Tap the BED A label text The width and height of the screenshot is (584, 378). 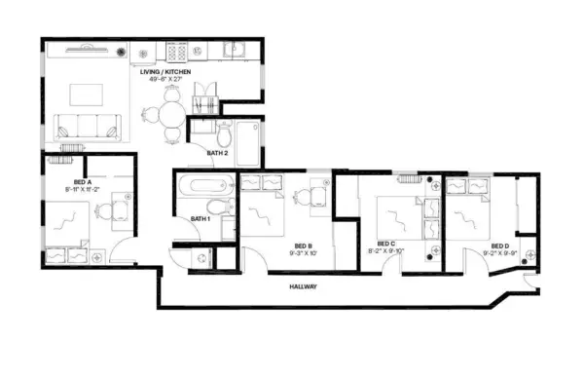55,182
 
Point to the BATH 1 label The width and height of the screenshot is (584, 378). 201,217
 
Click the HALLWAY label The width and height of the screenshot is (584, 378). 307,286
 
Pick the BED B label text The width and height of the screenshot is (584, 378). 303,246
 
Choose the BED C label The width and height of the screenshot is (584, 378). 385,244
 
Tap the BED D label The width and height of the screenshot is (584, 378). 499,245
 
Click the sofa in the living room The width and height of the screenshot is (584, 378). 87,125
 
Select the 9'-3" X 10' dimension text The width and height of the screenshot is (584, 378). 303,253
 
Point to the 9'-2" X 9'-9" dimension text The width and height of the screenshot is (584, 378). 499,252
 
